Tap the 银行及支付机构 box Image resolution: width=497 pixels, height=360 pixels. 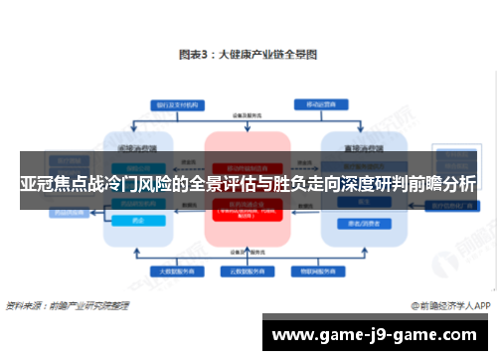[174, 104]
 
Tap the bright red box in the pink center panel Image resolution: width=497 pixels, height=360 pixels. [247, 209]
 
